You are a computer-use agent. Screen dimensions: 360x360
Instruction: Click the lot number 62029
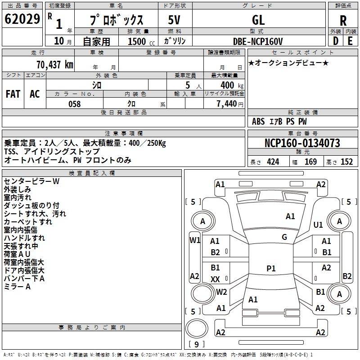(22, 19)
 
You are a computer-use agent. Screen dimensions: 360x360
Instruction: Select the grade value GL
(258, 20)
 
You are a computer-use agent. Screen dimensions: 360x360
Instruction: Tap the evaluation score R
(343, 20)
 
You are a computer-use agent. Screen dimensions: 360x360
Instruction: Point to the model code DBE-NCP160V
(258, 41)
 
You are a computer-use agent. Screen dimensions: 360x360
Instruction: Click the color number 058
(74, 104)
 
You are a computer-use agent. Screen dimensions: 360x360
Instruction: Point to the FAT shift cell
(13, 94)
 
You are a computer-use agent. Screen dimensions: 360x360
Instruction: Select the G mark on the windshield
(284, 237)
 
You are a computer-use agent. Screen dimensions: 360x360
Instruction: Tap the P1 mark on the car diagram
(271, 269)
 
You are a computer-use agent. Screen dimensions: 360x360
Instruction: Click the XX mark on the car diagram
(215, 279)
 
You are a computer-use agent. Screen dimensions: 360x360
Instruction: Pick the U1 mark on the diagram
(318, 225)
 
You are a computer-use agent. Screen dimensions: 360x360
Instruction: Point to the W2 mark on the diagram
(221, 292)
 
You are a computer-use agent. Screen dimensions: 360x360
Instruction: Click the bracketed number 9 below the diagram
(196, 345)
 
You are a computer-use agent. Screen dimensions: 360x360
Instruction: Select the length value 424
(273, 162)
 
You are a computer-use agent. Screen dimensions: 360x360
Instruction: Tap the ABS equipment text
(258, 121)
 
